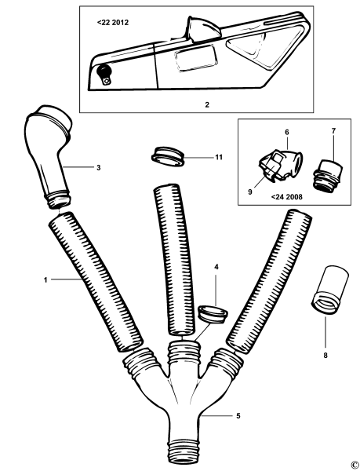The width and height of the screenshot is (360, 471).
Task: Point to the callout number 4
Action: (216, 267)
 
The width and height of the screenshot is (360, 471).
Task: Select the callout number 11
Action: (219, 157)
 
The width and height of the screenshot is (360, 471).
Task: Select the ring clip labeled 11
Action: (166, 154)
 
